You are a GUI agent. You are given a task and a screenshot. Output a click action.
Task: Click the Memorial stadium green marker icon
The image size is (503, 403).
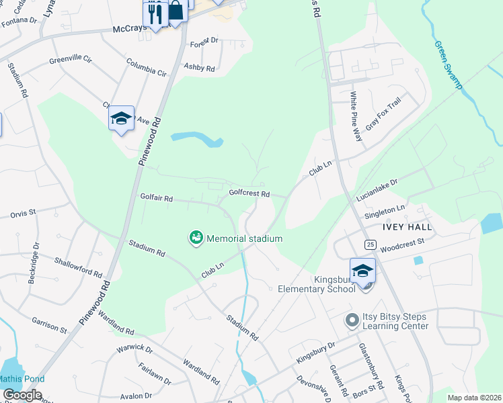click(x=196, y=238)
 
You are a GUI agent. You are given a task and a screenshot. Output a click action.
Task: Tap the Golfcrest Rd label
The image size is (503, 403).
click(x=249, y=193)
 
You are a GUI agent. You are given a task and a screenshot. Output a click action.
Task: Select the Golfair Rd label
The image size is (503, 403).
click(x=156, y=198)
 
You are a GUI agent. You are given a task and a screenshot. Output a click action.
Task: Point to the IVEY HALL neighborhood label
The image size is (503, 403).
click(x=408, y=227)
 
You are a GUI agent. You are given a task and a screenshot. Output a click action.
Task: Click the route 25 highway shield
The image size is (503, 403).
click(x=371, y=244)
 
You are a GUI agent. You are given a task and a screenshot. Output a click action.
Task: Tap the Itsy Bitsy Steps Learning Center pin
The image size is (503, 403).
click(x=351, y=321)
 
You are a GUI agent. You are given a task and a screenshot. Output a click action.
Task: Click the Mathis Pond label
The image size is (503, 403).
click(x=22, y=379)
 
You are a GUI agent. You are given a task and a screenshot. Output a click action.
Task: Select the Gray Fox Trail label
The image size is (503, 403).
click(x=383, y=114)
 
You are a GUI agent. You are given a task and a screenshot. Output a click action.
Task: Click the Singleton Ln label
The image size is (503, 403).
click(x=385, y=212)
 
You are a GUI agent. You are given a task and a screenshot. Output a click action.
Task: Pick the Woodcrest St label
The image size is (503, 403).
click(x=402, y=244)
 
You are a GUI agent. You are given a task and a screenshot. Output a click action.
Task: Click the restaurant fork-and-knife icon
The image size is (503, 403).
click(x=155, y=13)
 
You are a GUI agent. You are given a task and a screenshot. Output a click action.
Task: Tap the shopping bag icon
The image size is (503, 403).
click(x=176, y=11)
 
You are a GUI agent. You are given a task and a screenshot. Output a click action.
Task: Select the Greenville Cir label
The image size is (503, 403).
click(x=70, y=60)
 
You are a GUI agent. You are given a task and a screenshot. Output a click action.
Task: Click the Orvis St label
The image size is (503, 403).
click(x=22, y=214)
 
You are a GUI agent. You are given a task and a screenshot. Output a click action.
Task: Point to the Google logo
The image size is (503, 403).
click(x=22, y=396)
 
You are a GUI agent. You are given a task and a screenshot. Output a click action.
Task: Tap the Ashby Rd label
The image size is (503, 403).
click(x=200, y=68)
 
